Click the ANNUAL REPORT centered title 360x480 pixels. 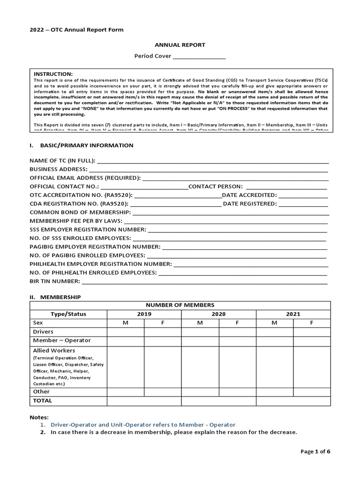pos(180,45)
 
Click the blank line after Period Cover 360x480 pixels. pos(199,57)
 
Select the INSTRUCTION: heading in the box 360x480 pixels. pos(53,74)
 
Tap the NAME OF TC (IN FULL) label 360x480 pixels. pos(62,161)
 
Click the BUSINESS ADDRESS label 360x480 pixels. pos(58,169)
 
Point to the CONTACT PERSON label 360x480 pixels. pos(215,187)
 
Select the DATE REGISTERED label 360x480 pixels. pos(250,204)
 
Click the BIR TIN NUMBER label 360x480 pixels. pos(55,282)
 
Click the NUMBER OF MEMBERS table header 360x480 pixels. pos(180,305)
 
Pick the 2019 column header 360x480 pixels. pos(144,314)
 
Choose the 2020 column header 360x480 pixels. pos(218,314)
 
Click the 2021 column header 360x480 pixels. pos(293,314)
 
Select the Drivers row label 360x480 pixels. pos(43,331)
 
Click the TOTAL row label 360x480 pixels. pos(43,401)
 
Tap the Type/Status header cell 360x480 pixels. pos(69,314)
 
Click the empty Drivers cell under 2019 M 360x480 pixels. pos(126,332)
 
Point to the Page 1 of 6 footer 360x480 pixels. pos(315,451)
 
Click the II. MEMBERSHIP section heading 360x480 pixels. pos(55,297)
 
